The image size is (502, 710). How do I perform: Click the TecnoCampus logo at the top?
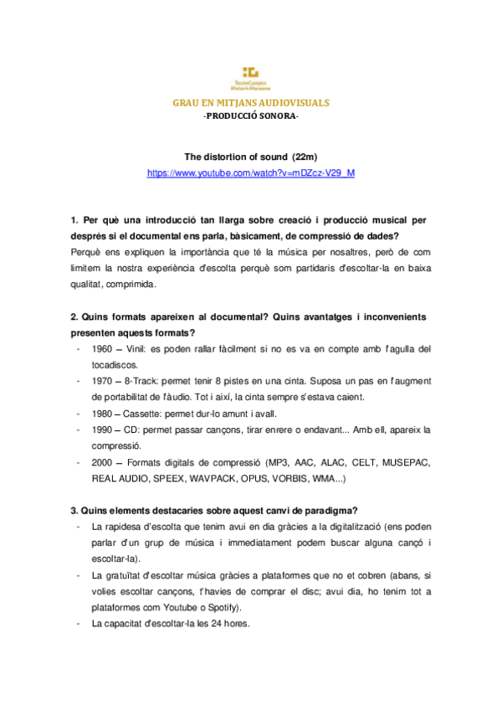pyautogui.click(x=251, y=77)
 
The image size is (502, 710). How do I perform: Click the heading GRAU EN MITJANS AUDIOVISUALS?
pyautogui.click(x=251, y=103)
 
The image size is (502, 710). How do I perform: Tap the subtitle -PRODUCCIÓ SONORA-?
pyautogui.click(x=251, y=116)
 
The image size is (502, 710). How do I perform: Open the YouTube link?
pyautogui.click(x=251, y=172)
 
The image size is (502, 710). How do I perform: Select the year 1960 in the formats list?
pyautogui.click(x=104, y=348)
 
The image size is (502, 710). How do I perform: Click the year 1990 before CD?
pyautogui.click(x=104, y=430)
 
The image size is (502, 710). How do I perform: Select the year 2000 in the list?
pyautogui.click(x=104, y=462)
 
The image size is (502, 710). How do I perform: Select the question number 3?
pyautogui.click(x=74, y=510)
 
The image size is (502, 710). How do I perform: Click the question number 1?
pyautogui.click(x=74, y=220)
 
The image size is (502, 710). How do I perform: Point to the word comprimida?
pyautogui.click(x=132, y=284)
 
